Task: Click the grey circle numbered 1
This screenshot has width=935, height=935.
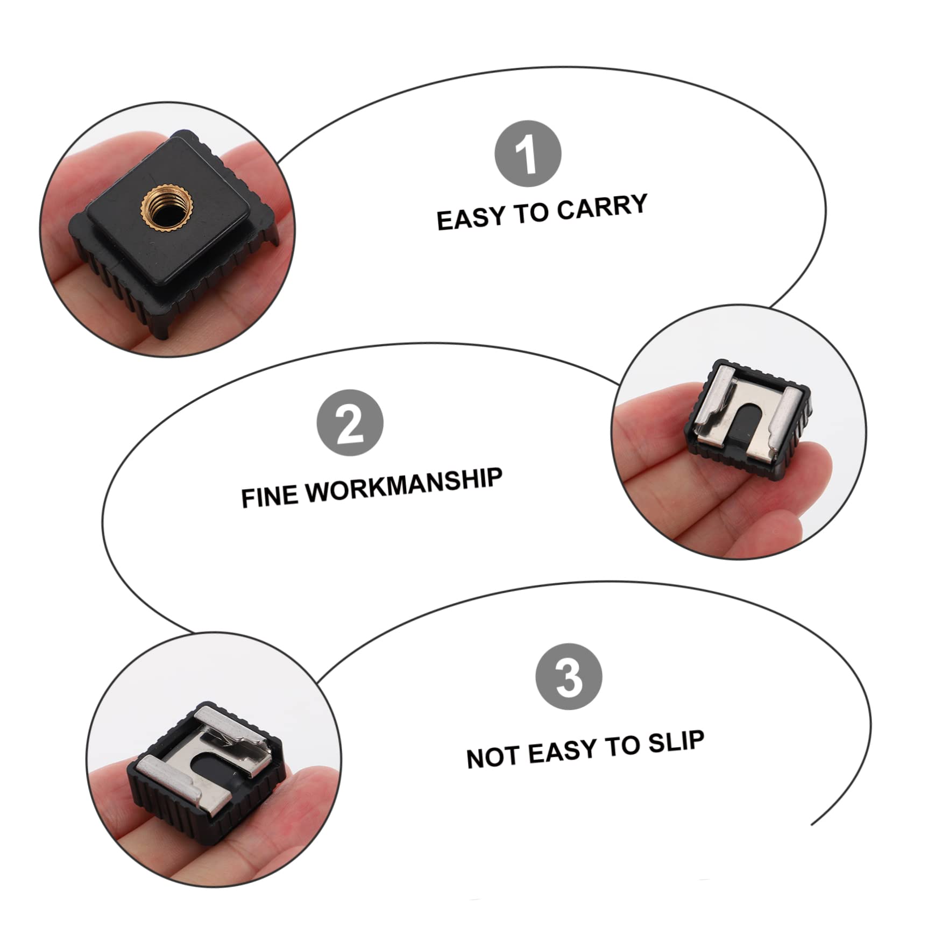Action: click(x=527, y=154)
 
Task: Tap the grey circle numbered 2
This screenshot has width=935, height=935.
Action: click(x=350, y=423)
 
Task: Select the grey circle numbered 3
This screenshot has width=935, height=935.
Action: click(x=569, y=677)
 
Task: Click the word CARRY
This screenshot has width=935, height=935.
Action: click(x=601, y=207)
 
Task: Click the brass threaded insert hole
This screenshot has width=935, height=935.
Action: click(x=160, y=206)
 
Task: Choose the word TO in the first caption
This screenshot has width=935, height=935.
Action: click(x=533, y=213)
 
